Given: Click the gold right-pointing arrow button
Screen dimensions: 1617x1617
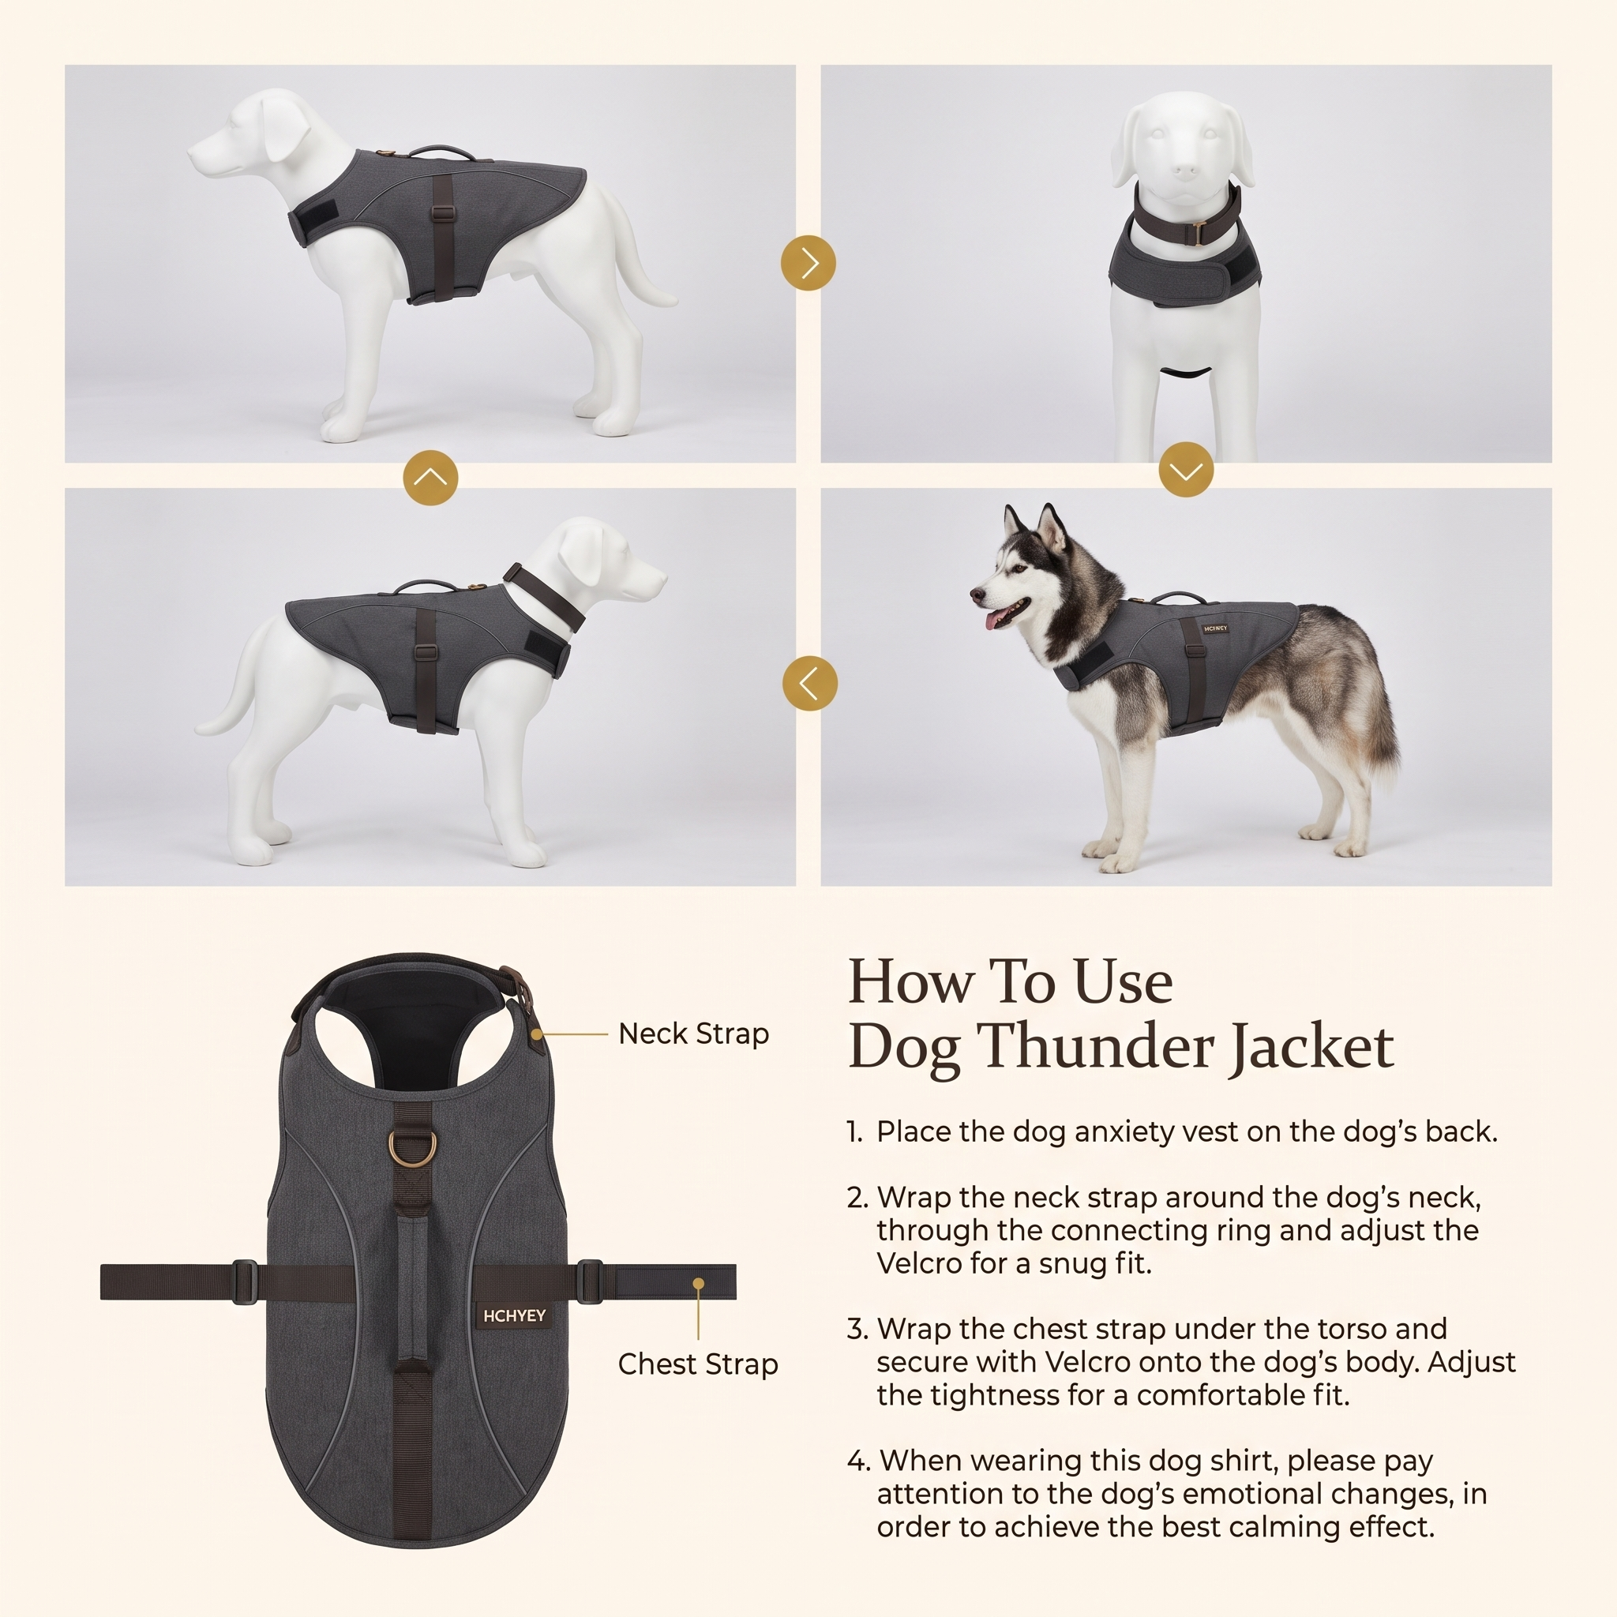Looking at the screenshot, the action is (808, 263).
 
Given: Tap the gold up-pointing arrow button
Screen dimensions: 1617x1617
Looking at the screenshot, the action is (430, 478).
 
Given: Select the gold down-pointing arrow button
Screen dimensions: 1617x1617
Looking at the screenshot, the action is (1186, 470).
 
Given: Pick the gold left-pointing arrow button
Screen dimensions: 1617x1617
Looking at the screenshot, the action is (809, 683).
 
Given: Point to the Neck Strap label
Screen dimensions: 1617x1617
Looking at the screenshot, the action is (693, 1034).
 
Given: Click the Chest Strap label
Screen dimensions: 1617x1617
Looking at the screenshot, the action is (698, 1365).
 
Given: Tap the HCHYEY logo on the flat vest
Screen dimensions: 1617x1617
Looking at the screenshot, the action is (514, 1316).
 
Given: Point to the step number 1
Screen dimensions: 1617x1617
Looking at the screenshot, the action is (854, 1132).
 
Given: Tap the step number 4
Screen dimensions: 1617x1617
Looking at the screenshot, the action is (858, 1461).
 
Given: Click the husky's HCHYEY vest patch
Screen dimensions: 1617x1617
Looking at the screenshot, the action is (1215, 628).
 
